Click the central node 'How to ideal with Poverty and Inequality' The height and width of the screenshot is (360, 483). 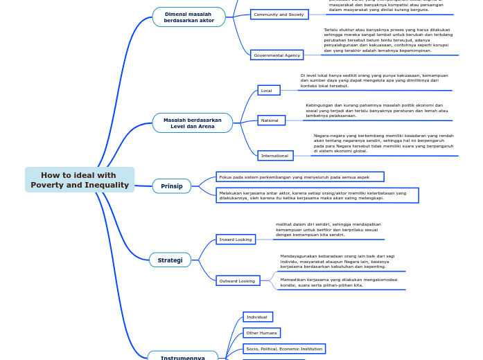pyautogui.click(x=80, y=180)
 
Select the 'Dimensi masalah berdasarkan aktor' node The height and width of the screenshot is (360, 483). pyautogui.click(x=188, y=17)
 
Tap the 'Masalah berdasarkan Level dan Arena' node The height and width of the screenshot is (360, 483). pyautogui.click(x=193, y=123)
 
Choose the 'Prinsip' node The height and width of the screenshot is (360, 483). pyautogui.click(x=172, y=186)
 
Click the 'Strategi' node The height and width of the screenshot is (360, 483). pyautogui.click(x=170, y=260)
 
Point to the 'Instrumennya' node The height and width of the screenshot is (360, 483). pyautogui.click(x=183, y=357)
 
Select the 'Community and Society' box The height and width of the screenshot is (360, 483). pyautogui.click(x=279, y=15)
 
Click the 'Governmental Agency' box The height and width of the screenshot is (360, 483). pyautogui.click(x=276, y=55)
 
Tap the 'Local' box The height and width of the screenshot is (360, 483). pyautogui.click(x=268, y=91)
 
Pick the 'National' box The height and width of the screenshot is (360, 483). pyautogui.click(x=271, y=120)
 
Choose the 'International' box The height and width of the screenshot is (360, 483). pyautogui.click(x=275, y=156)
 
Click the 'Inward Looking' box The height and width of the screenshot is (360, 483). pyautogui.click(x=236, y=240)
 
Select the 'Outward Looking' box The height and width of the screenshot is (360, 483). pyautogui.click(x=238, y=281)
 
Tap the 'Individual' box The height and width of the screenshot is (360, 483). pyautogui.click(x=258, y=317)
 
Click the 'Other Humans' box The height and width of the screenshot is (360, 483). pyautogui.click(x=261, y=333)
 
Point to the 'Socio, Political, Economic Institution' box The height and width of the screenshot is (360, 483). pyautogui.click(x=284, y=349)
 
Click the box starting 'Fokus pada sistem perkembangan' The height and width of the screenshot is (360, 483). pyautogui.click(x=300, y=177)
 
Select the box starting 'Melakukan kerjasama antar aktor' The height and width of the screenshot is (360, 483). pyautogui.click(x=317, y=195)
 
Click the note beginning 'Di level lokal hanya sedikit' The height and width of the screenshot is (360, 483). pyautogui.click(x=374, y=80)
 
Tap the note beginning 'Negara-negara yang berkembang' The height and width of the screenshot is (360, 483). pyautogui.click(x=383, y=143)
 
